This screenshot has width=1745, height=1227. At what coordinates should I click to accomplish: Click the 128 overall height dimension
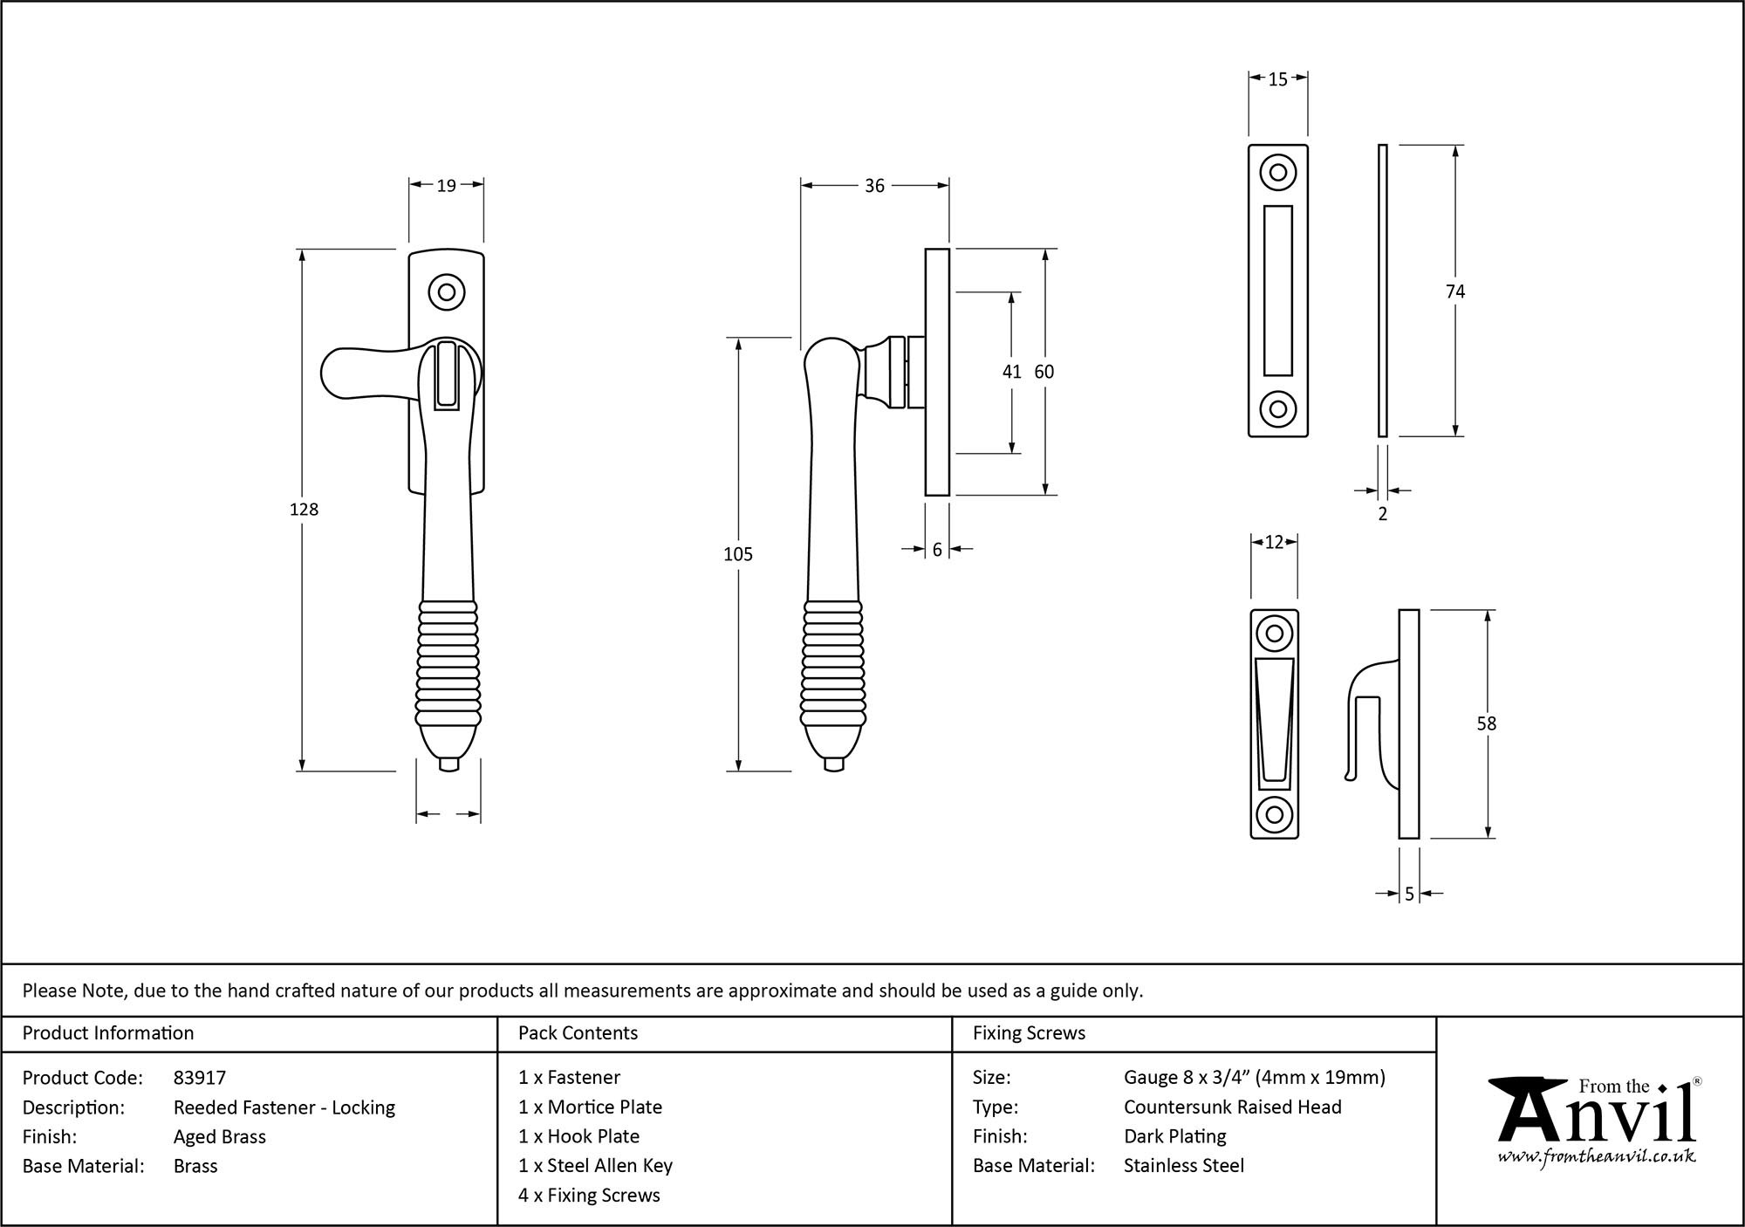click(304, 510)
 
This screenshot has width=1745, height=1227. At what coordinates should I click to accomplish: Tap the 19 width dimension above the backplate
click(446, 185)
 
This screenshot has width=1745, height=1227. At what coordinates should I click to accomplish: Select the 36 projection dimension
click(874, 186)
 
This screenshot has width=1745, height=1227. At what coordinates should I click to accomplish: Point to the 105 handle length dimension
click(737, 554)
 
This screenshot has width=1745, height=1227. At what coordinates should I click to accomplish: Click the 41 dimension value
click(1011, 372)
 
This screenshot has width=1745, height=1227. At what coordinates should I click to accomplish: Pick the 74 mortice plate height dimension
click(1454, 291)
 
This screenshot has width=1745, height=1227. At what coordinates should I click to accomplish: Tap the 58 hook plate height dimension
click(1486, 723)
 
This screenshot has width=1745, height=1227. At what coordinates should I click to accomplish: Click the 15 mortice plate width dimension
click(1277, 79)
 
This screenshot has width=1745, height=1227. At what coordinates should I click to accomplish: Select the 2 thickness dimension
click(1382, 514)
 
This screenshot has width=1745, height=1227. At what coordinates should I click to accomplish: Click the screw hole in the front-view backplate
click(447, 291)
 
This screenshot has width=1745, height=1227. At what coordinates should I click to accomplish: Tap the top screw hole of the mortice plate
click(1277, 172)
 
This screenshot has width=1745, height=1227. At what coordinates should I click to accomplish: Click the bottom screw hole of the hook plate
click(1274, 814)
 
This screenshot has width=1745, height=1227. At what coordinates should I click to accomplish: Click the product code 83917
click(200, 1078)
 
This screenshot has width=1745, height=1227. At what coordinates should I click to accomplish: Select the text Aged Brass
click(220, 1136)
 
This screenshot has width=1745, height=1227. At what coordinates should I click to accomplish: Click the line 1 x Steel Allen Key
click(595, 1165)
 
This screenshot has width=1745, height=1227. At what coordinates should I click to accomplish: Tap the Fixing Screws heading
click(1029, 1033)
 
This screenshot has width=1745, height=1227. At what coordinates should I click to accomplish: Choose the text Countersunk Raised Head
click(1232, 1107)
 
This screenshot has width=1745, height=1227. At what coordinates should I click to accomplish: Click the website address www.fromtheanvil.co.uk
click(1596, 1156)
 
